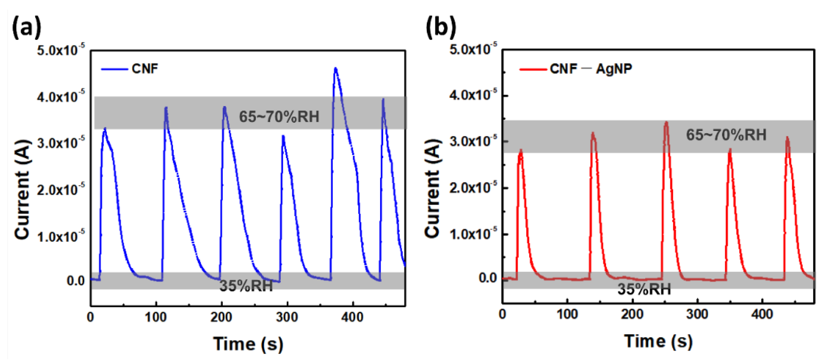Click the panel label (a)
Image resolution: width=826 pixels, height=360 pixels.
click(26, 27)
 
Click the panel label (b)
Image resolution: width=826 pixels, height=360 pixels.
click(441, 27)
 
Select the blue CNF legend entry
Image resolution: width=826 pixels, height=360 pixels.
click(130, 69)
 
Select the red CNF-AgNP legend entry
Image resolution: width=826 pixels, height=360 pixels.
click(576, 69)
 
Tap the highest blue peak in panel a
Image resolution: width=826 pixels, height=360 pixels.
click(336, 69)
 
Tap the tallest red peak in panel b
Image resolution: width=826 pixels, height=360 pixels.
click(667, 123)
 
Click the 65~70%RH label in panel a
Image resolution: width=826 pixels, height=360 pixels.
click(279, 116)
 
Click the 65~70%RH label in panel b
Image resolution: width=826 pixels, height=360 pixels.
click(726, 135)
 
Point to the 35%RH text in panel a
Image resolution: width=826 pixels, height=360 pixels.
click(246, 286)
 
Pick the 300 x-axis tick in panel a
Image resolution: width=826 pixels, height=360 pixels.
click(287, 317)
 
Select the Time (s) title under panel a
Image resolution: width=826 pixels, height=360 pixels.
click(248, 344)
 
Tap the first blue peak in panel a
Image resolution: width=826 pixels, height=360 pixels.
click(104, 129)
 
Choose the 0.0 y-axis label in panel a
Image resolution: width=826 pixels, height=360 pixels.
click(76, 281)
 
